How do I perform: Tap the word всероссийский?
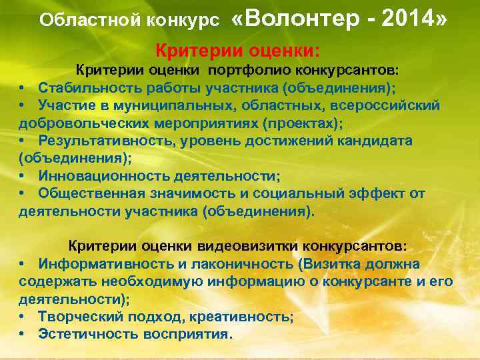393,105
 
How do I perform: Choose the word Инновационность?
95,176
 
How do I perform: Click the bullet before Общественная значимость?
22,194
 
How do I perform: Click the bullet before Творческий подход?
22,316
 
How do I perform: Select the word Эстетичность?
87,333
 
